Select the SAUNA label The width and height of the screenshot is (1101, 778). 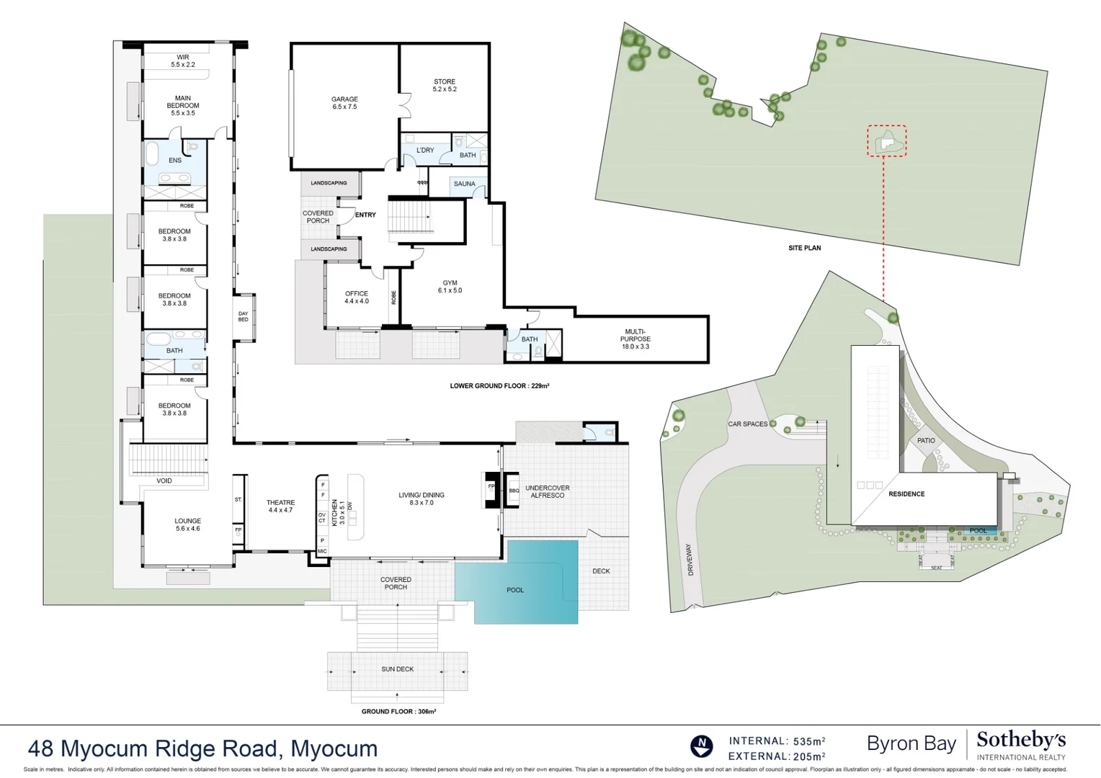click(465, 184)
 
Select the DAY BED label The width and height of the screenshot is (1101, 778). click(244, 316)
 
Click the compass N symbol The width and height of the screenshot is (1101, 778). click(701, 746)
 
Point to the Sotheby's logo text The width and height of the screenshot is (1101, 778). click(1020, 740)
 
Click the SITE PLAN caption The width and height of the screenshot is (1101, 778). click(804, 248)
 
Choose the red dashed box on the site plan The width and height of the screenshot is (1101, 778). click(886, 141)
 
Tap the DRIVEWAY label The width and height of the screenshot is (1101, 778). click(690, 559)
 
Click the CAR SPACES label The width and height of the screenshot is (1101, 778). click(748, 424)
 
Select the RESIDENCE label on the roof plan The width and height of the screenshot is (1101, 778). click(906, 494)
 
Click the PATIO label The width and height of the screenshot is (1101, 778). click(926, 440)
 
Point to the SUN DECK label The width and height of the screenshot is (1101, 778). click(398, 669)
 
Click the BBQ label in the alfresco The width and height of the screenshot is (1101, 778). click(514, 491)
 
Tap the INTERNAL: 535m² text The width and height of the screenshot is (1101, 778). click(777, 741)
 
